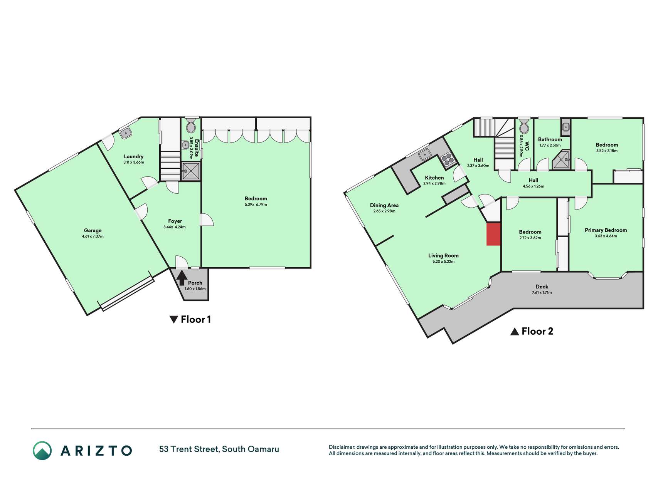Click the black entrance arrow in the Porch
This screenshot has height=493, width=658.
click(x=182, y=278)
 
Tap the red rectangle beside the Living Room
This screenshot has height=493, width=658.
click(x=493, y=234)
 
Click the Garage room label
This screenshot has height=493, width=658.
click(x=93, y=230)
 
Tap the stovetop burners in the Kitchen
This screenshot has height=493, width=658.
click(x=448, y=159)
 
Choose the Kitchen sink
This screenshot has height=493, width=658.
click(x=425, y=154)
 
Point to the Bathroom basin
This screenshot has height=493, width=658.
click(x=565, y=126)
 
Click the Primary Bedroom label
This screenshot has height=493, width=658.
click(x=606, y=230)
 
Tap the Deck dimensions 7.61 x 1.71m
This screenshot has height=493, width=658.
click(x=542, y=293)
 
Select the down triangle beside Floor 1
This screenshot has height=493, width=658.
click(x=174, y=320)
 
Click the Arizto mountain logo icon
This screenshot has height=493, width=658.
click(x=42, y=451)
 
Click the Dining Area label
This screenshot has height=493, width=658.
click(x=384, y=205)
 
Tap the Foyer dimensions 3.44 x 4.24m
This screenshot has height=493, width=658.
click(x=175, y=227)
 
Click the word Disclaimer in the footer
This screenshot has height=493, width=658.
click(x=342, y=447)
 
